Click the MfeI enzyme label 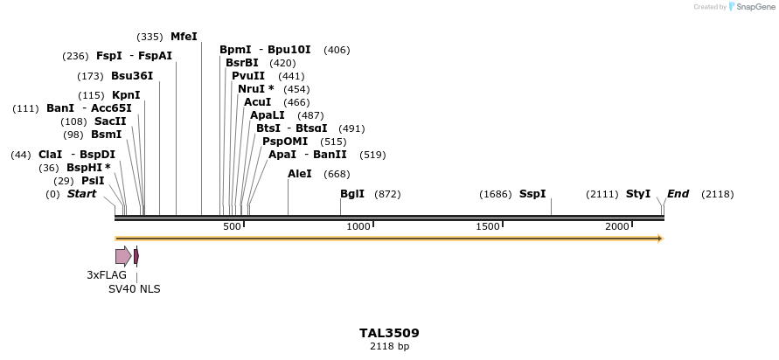click(184, 37)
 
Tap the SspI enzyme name click(532, 194)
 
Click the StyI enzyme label click(637, 194)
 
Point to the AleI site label click(299, 174)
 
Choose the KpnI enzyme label click(126, 95)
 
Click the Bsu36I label click(132, 76)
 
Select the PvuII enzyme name click(248, 76)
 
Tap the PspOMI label click(285, 142)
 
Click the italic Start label click(81, 194)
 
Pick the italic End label click(678, 194)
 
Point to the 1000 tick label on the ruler click(358, 227)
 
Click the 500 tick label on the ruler click(232, 227)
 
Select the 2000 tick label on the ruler click(617, 227)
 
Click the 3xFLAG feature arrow click(123, 256)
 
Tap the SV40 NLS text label click(134, 289)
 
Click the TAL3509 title click(389, 333)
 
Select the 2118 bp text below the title click(389, 347)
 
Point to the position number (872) click(387, 194)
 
